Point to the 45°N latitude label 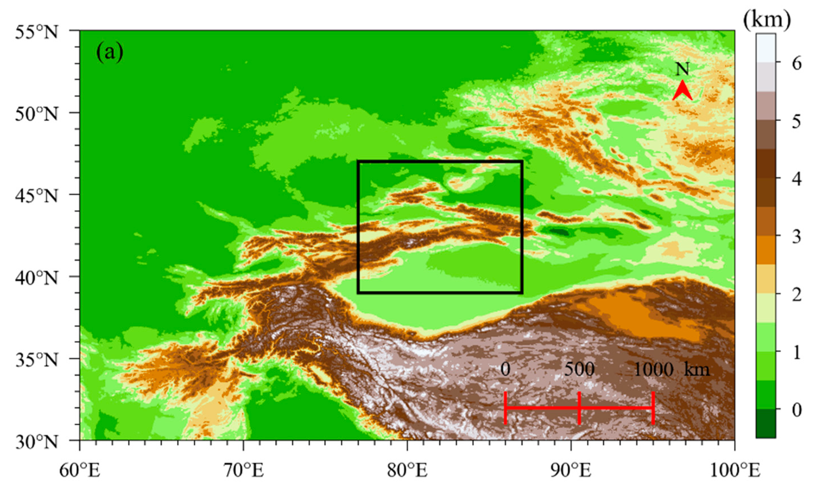click(x=36, y=196)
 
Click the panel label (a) click(x=110, y=52)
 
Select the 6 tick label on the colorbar click(x=797, y=63)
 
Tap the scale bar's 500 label click(x=579, y=369)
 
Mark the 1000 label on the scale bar click(x=654, y=369)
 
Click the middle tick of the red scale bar click(x=579, y=408)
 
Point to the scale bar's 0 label click(x=505, y=369)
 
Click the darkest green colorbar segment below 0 click(x=766, y=423)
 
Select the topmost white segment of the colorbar click(x=766, y=47)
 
